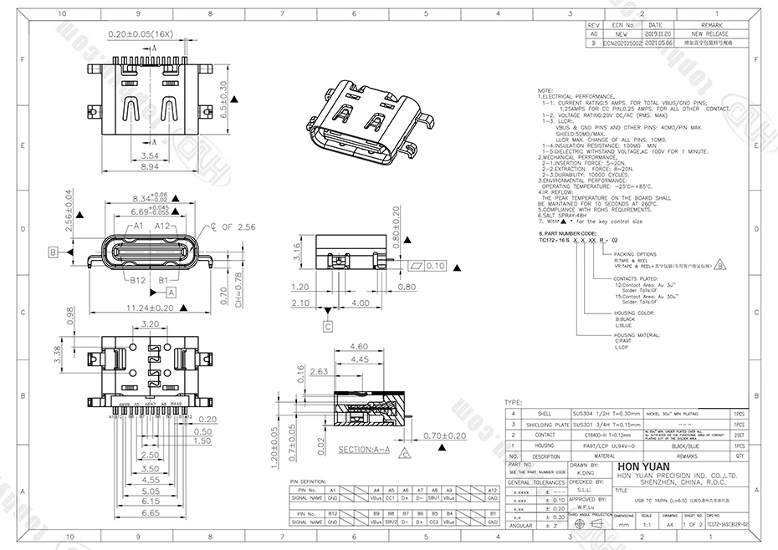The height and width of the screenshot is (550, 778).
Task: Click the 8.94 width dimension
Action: tap(151, 168)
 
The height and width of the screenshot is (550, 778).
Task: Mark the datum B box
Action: tap(52, 252)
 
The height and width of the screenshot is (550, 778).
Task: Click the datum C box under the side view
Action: tap(328, 326)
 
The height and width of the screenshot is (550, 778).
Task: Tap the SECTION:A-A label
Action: tap(364, 449)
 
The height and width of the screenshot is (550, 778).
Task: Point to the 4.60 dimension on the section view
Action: tap(359, 345)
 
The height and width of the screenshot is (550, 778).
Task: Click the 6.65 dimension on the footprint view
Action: tap(150, 512)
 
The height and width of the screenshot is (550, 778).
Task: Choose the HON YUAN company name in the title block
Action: tap(637, 468)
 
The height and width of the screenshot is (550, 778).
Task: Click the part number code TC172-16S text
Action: tap(556, 238)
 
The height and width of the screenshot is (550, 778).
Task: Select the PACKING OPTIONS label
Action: tap(635, 252)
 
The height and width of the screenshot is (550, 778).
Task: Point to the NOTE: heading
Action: tap(545, 89)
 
